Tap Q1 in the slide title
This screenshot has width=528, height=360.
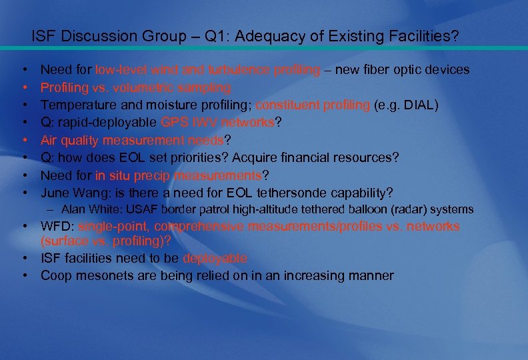click(x=217, y=36)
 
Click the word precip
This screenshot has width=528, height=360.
click(x=153, y=175)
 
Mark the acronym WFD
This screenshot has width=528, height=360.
click(x=56, y=226)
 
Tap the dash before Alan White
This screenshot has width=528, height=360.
click(x=49, y=210)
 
